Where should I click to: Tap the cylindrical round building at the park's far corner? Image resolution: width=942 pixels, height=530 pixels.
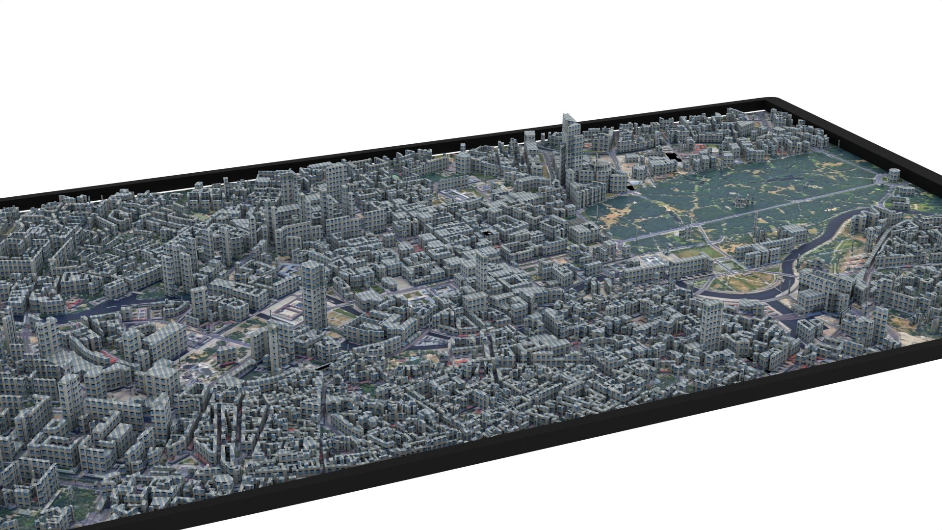click(894, 174)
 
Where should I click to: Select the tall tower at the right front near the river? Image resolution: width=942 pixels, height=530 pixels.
click(709, 321)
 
